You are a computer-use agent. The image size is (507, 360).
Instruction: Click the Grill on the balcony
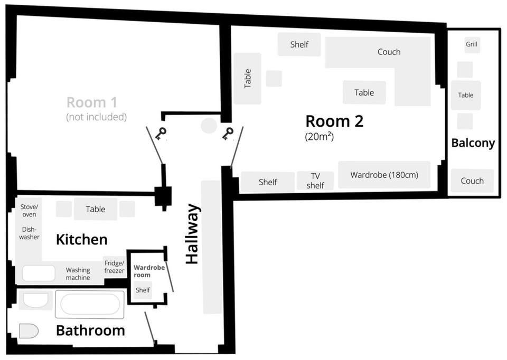click(472, 44)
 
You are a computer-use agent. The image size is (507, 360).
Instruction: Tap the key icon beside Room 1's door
click(161, 133)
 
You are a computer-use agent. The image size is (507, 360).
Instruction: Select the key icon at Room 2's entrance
click(228, 134)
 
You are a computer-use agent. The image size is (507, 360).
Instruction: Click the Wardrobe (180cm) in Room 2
click(384, 175)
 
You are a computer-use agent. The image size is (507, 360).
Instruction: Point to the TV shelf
click(315, 181)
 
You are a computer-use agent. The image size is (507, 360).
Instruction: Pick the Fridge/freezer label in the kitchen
click(114, 267)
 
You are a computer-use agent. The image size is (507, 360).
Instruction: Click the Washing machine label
click(78, 274)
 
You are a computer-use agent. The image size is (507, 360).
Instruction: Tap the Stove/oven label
click(29, 211)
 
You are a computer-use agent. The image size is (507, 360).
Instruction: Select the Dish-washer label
click(29, 233)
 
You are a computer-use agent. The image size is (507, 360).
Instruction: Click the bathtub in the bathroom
click(90, 304)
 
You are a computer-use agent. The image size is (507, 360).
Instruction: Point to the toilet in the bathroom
click(29, 331)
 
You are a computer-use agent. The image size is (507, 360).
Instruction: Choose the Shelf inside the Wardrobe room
click(143, 290)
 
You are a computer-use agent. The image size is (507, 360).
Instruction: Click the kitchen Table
click(96, 209)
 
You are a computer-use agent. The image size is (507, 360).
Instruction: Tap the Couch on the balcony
click(472, 181)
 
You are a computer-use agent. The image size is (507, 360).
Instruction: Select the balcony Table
click(466, 96)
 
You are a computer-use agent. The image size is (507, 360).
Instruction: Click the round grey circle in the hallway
click(209, 126)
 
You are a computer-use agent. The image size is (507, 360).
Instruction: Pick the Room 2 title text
click(334, 121)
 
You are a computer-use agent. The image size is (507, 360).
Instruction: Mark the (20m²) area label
click(320, 136)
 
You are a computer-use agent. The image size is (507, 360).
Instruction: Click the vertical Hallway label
click(193, 233)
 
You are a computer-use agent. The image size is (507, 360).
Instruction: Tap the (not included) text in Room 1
click(96, 117)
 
